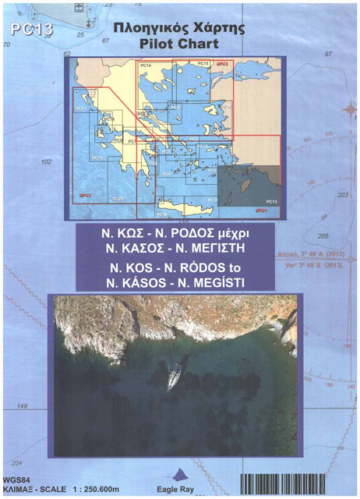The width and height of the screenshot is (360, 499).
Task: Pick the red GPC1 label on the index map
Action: (261, 211)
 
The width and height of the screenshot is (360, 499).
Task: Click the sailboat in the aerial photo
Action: (176, 377)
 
